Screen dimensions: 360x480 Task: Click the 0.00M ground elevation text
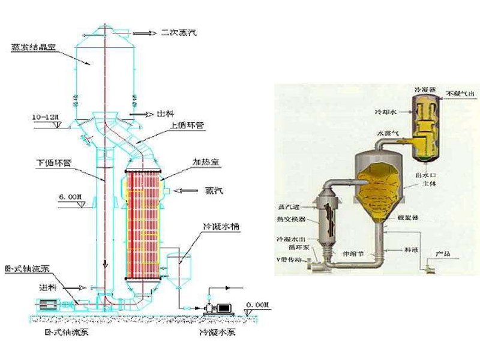pos(255,305)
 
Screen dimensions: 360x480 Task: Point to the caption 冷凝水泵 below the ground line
pos(218,332)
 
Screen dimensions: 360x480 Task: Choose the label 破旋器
pos(409,219)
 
